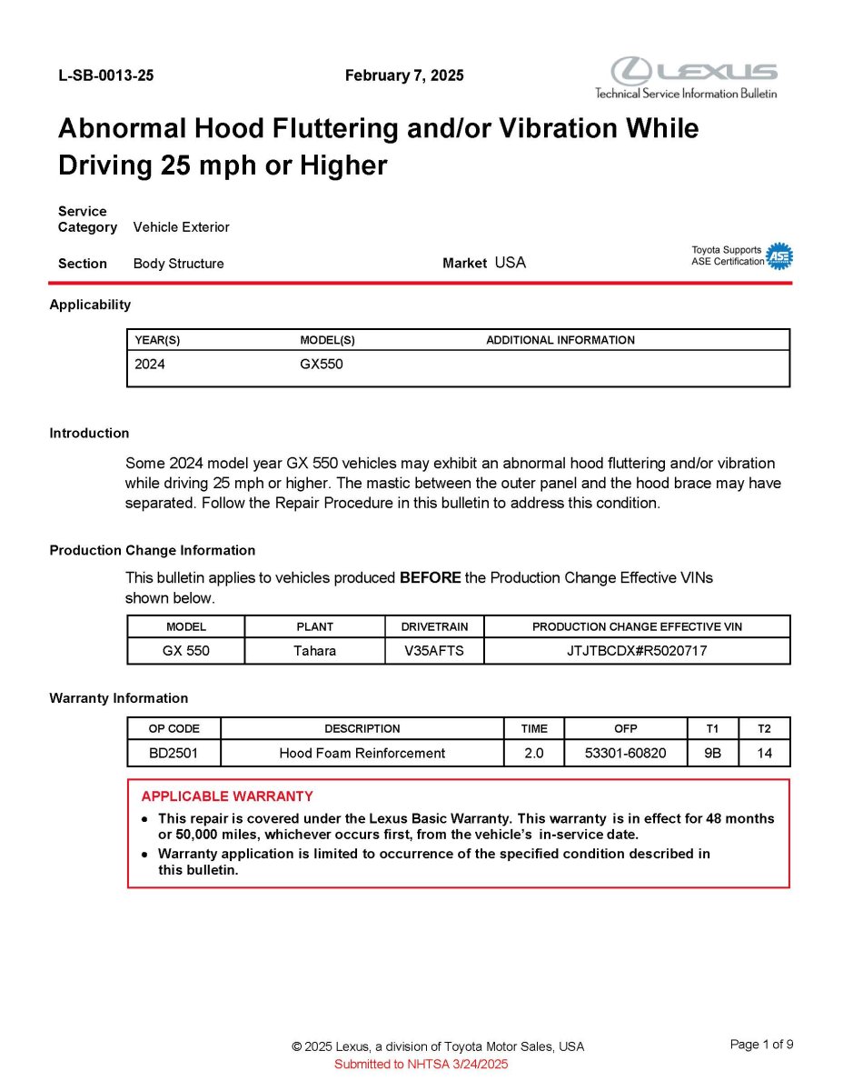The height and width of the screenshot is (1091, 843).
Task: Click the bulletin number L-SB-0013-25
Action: point(105,75)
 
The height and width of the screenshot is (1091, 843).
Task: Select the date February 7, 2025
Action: point(404,75)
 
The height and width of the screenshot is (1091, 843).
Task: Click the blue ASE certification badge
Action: point(779,256)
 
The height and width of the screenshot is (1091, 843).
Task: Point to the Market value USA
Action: point(510,263)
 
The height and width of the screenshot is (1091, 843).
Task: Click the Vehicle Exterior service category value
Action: point(181,227)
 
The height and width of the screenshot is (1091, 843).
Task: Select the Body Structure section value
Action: point(178,264)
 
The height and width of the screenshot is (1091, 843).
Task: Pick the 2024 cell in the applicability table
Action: point(150,365)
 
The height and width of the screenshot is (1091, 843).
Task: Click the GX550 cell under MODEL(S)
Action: point(322,365)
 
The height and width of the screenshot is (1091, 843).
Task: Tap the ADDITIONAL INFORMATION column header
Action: point(560,340)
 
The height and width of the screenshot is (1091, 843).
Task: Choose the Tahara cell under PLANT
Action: point(314,651)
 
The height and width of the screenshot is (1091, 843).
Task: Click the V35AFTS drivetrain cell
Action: point(434,651)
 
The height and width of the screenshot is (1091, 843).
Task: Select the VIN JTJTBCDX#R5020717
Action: point(636,651)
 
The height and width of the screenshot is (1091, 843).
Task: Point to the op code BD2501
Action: point(174,753)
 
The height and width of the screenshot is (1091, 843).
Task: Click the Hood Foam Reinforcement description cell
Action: point(362,753)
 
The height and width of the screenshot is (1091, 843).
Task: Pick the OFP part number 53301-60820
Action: point(625,753)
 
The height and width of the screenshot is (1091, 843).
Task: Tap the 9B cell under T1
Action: point(712,753)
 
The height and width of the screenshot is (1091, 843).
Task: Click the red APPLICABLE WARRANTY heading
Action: point(227,796)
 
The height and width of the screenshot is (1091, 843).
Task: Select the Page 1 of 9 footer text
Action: point(761,1044)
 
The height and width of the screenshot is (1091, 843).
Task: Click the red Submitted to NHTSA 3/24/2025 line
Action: point(421,1064)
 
